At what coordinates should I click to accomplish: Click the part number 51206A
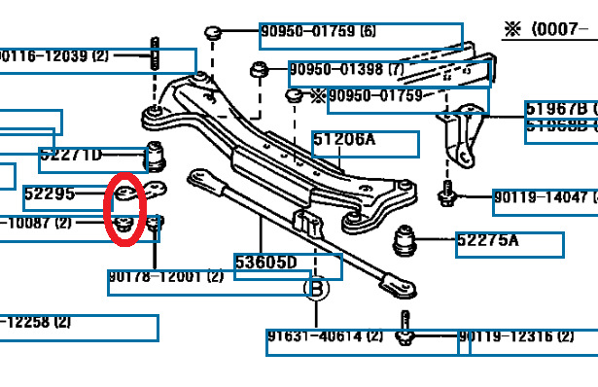344,141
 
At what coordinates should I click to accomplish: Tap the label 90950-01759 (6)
319,32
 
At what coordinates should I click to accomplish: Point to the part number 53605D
265,263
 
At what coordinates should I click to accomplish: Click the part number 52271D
71,155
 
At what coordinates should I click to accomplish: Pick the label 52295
50,194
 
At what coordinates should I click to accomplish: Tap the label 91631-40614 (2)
325,337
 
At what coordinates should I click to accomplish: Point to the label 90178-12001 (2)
166,277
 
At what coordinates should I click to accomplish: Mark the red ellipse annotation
125,208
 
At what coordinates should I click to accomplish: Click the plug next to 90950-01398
260,71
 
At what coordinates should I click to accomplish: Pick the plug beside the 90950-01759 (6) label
216,34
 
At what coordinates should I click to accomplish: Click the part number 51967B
554,109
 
